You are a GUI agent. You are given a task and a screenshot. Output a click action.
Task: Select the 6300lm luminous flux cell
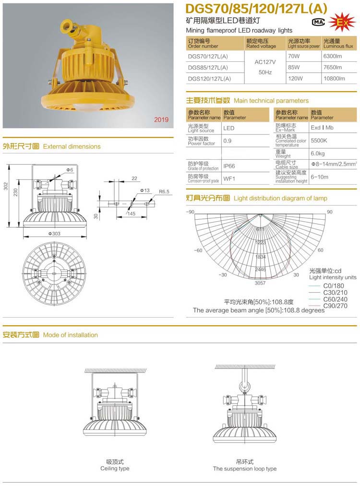tap(332, 56)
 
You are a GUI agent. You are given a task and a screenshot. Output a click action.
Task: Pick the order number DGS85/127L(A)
tap(208, 67)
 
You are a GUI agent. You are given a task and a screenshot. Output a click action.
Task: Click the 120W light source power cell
tap(297, 78)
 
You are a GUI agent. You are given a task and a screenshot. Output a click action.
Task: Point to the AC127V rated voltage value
tap(264, 62)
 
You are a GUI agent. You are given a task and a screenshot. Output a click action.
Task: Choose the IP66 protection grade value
tap(229, 166)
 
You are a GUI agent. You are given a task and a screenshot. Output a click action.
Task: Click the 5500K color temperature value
tap(319, 141)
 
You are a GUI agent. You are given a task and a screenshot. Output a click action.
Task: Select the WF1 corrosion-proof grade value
tap(228, 178)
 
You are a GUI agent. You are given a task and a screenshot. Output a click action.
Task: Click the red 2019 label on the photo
tap(161, 119)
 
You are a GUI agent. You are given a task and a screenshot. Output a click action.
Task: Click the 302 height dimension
tap(6, 186)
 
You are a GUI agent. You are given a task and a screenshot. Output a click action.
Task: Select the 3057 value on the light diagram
tap(260, 283)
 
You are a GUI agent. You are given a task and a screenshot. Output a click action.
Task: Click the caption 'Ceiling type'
tap(115, 468)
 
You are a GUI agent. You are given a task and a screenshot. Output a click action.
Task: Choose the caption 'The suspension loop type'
tap(245, 468)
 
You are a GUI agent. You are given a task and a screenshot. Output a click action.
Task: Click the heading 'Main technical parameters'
tap(271, 101)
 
